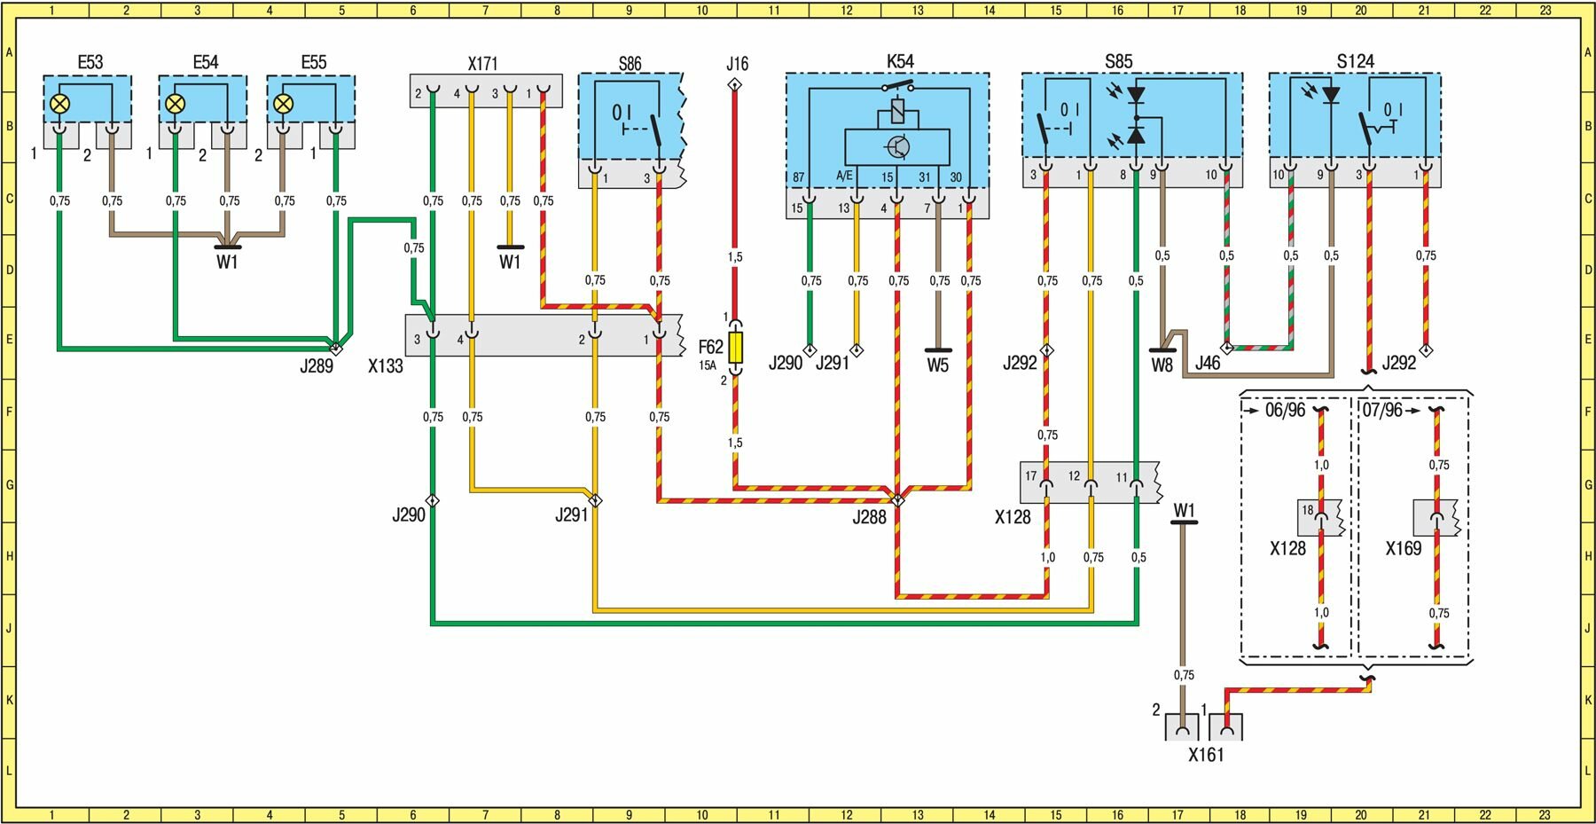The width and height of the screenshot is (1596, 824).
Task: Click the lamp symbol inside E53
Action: (59, 104)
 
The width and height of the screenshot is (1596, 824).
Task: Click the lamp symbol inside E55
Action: (283, 104)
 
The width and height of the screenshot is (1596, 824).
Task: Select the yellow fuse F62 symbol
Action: (736, 347)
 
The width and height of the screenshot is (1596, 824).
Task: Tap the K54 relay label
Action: (900, 61)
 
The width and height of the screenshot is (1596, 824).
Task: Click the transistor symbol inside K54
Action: (898, 147)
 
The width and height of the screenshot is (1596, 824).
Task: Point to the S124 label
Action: (1355, 61)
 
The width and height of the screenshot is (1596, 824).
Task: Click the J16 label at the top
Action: (737, 64)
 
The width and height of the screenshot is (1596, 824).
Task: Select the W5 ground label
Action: (938, 365)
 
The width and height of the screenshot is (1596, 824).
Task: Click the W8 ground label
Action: (1162, 365)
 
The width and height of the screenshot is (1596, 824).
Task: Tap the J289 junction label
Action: (316, 365)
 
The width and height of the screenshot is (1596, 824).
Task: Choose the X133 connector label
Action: (386, 365)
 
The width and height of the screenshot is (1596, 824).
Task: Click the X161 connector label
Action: (1206, 755)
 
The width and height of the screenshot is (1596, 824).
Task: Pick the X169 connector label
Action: (1404, 548)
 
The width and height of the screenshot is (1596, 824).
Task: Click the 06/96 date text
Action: (1285, 411)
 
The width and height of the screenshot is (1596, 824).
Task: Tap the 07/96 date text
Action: (1382, 411)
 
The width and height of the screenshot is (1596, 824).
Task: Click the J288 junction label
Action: (869, 517)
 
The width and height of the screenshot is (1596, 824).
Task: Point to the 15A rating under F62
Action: (707, 365)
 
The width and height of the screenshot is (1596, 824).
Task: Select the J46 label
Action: (1208, 363)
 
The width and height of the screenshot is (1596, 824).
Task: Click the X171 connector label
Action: (483, 64)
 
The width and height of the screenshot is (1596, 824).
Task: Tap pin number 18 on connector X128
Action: (1308, 510)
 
